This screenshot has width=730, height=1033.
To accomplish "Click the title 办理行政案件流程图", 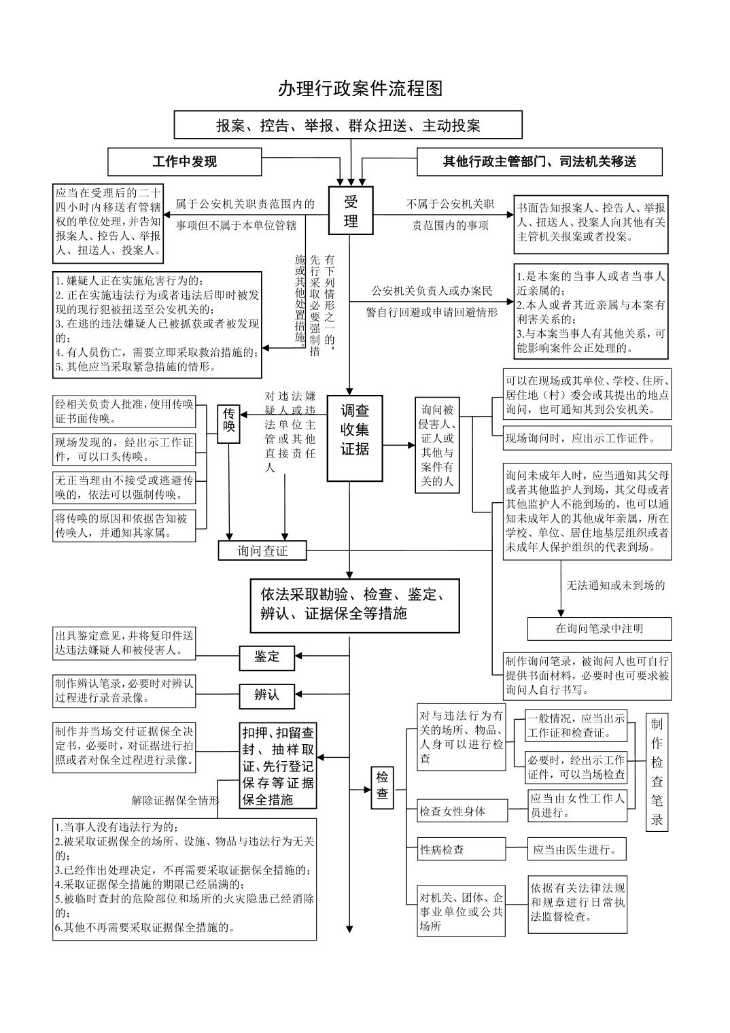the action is [360, 88].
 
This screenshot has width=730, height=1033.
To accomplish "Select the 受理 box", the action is [351, 211].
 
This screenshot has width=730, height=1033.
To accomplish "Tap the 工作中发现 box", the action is [184, 162].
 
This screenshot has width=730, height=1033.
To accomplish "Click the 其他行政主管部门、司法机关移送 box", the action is [540, 162].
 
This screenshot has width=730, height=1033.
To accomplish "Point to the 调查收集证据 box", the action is [355, 438].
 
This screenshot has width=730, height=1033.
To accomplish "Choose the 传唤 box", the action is [229, 424].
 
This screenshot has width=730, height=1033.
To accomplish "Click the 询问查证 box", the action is [262, 550].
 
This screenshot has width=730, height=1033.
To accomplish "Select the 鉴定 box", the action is [267, 658].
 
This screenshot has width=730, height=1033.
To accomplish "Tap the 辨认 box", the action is [267, 697].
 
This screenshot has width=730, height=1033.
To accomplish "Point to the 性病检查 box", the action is [461, 849].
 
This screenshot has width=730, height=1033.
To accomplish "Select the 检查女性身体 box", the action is [462, 811].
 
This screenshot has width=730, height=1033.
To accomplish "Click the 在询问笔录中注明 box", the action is [599, 629].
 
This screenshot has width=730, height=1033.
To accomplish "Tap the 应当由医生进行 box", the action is [577, 849].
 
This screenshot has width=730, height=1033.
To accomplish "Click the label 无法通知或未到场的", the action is [616, 586].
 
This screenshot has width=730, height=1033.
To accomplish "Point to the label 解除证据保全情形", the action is [175, 800].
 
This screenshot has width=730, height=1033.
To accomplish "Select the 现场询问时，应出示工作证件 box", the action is [587, 438].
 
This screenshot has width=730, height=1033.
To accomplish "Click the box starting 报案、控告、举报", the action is [348, 124].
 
